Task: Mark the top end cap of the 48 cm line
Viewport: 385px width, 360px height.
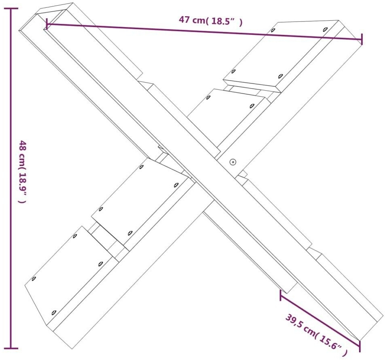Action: coord(11,9)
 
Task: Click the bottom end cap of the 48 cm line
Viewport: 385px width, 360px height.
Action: coord(11,348)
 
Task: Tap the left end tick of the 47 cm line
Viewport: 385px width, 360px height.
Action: coord(47,24)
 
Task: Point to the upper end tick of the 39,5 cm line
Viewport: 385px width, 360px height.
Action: coord(280,296)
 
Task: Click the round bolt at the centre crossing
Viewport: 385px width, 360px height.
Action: coord(233,162)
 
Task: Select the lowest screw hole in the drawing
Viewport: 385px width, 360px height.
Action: coord(54,312)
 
